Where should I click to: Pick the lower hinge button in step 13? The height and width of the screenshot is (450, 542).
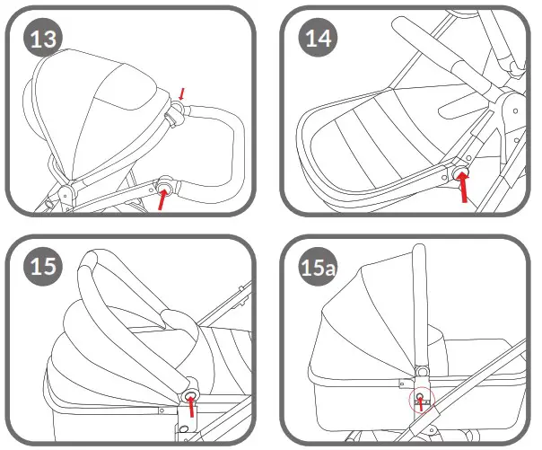(x=165, y=185)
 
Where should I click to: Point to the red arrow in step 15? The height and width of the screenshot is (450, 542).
(x=190, y=409)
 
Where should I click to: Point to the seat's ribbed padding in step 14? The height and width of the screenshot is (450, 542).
(x=377, y=135)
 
